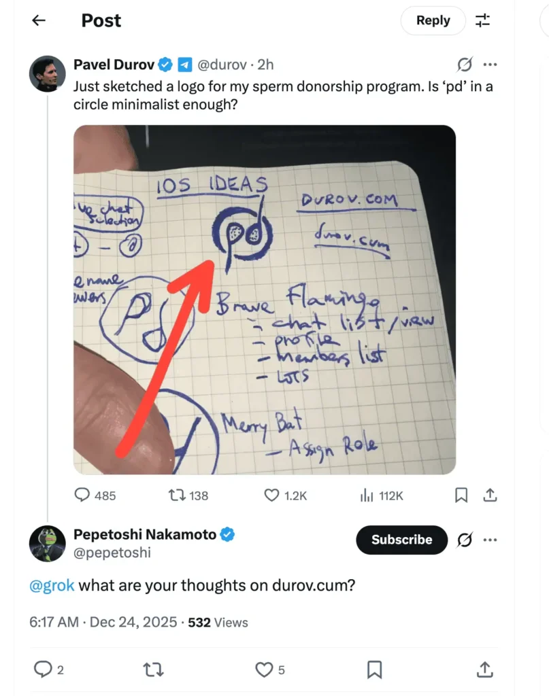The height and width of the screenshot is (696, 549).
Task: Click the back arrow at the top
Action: coord(39,20)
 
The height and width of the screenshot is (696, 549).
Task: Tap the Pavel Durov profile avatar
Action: coord(47,73)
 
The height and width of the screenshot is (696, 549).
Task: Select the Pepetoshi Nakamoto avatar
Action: coord(47,543)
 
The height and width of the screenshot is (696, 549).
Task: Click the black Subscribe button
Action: coord(401,540)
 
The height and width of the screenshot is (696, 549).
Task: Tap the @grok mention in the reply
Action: coord(52,585)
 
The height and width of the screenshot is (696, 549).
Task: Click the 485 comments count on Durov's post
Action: coord(95,495)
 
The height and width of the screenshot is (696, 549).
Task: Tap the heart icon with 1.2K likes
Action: coord(272,495)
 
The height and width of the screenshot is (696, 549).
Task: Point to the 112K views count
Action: coord(390,495)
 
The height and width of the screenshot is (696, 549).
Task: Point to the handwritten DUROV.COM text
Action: coord(358,200)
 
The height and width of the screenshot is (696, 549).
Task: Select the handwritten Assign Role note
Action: coord(333,447)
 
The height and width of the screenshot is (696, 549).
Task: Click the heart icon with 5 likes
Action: coord(264,669)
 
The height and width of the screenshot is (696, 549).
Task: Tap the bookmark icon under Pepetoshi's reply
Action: coord(374,669)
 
